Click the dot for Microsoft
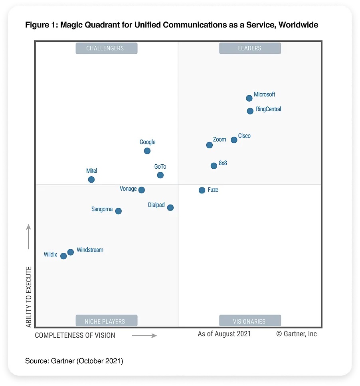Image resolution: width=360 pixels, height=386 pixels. [249, 98]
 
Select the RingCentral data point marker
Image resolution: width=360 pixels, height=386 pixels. [250, 111]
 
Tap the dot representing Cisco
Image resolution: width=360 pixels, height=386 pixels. [234, 140]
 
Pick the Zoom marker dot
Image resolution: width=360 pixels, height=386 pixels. [210, 145]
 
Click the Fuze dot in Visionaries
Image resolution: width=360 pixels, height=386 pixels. [202, 191]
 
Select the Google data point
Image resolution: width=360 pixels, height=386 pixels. [147, 151]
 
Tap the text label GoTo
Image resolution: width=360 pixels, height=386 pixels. [160, 167]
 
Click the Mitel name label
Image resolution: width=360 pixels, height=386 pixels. [92, 171]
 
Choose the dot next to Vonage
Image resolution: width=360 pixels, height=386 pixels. [141, 190]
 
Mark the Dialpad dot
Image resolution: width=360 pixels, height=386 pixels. [170, 208]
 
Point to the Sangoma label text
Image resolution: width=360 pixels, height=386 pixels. [102, 209]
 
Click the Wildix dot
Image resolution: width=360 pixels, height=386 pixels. [63, 256]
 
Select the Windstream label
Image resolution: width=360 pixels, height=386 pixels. [90, 250]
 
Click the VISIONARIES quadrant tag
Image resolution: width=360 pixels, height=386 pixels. [250, 321]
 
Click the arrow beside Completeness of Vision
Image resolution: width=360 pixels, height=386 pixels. [144, 336]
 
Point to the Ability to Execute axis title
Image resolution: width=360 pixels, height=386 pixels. [29, 297]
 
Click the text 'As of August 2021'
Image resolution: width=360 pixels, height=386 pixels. [224, 334]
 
